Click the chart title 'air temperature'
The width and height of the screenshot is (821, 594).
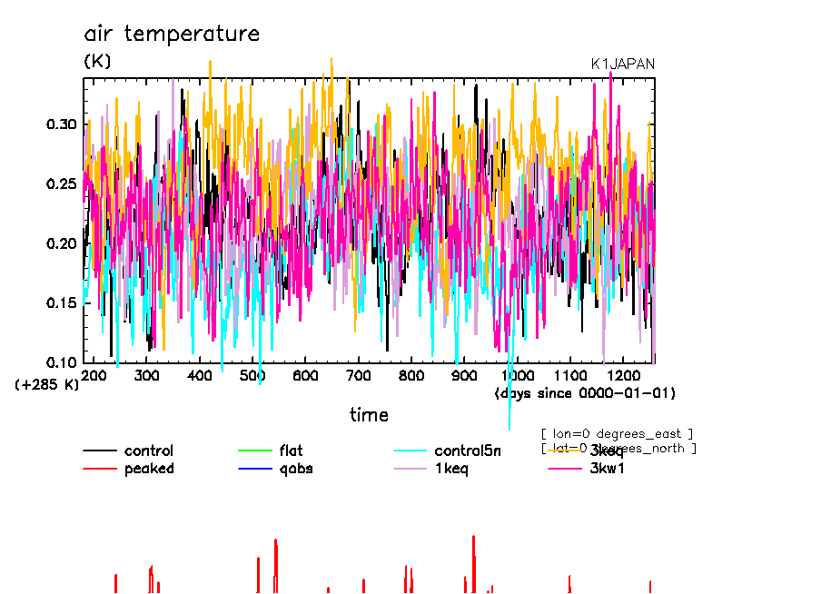point(172,35)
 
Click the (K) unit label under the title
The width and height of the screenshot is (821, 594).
point(97,62)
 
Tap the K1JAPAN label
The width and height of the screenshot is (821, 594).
point(622,64)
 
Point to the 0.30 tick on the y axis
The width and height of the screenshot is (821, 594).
point(63,124)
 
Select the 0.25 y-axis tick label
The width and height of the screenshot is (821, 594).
point(63,184)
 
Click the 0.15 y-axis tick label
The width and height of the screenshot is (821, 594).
point(63,302)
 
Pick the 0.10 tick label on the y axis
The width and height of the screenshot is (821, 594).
point(63,361)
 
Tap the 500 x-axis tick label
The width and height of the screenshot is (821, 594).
point(252,375)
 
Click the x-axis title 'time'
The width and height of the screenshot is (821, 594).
point(369,415)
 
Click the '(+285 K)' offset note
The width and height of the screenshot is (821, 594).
point(47,384)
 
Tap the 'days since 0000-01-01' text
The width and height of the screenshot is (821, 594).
point(585,392)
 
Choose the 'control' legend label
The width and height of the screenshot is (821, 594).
point(149,450)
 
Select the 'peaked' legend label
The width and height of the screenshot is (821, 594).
point(149,469)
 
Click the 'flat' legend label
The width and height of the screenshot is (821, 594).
point(291,450)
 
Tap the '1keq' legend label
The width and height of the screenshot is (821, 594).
point(451,469)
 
